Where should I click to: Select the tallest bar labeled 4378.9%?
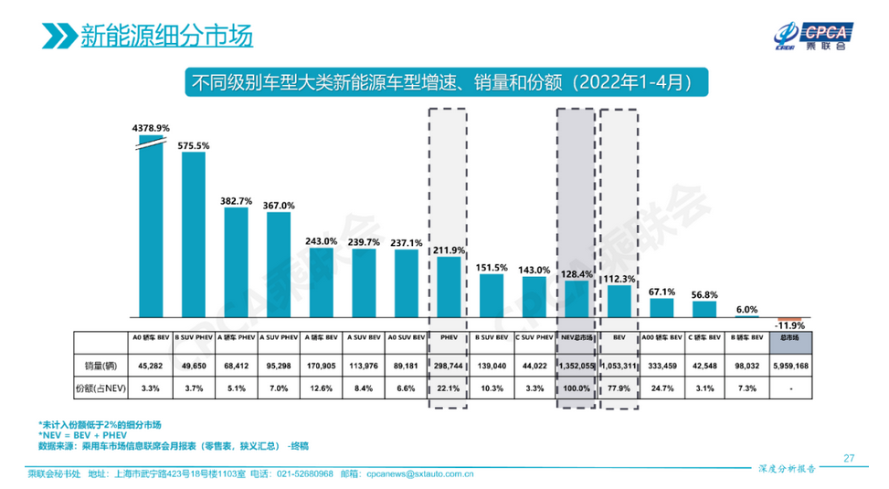[151, 229]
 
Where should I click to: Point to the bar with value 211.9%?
[449, 288]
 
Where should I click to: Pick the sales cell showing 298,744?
[449, 366]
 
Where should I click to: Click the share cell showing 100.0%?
[576, 388]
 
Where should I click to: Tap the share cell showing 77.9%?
[619, 388]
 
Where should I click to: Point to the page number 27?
[848, 458]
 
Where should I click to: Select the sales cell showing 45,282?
[151, 366]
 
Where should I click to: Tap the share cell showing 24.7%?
[661, 388]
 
